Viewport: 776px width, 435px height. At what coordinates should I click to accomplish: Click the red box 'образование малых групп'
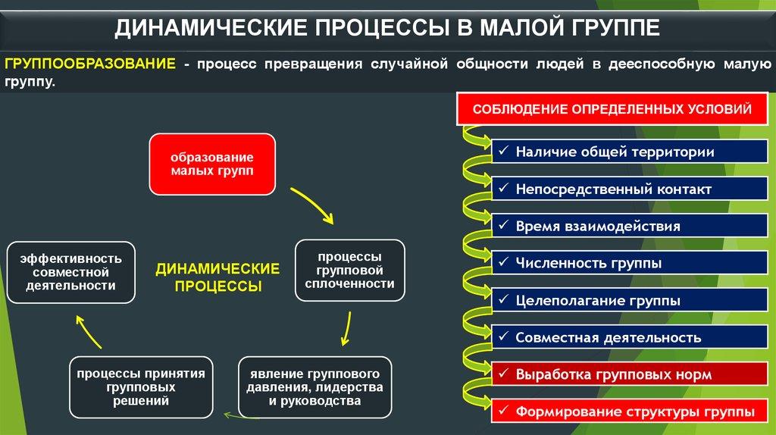coord(211,164)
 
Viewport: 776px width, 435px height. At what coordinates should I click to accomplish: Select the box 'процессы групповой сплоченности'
coord(349,271)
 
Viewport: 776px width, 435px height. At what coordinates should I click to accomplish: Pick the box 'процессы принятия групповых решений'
coord(141,387)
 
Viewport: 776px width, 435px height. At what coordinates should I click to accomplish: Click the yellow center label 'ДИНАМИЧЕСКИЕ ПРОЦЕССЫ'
coord(217,277)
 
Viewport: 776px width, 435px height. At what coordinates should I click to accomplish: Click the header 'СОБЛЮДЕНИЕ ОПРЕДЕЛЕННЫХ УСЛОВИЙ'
coord(612,109)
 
